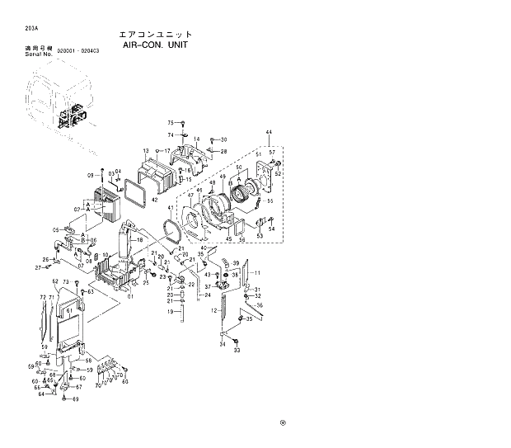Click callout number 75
[171, 123]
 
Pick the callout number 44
[269, 133]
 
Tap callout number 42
[154, 200]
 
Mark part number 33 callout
[237, 351]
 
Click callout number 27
[38, 267]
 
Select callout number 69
[75, 399]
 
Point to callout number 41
[171, 208]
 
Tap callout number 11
[256, 272]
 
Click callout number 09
[91, 176]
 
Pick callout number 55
[270, 201]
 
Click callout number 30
[223, 139]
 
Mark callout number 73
[66, 283]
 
